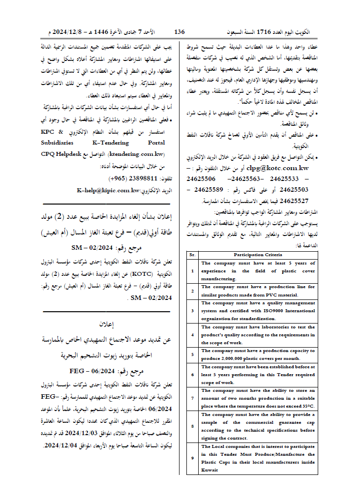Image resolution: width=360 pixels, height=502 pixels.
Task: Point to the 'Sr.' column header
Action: coord(192,255)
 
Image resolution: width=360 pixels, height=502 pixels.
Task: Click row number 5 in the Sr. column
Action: coord(192,354)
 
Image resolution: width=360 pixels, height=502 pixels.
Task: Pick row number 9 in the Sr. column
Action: coord(192,459)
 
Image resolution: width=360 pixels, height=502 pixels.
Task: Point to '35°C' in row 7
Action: coord(307,406)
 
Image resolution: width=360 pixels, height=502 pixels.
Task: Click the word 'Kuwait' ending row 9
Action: coord(210,470)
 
